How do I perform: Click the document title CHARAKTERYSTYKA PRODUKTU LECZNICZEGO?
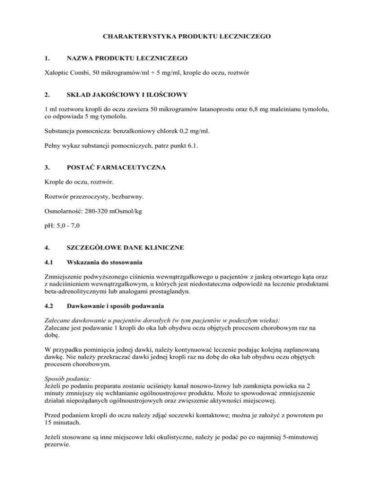point(187,37)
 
